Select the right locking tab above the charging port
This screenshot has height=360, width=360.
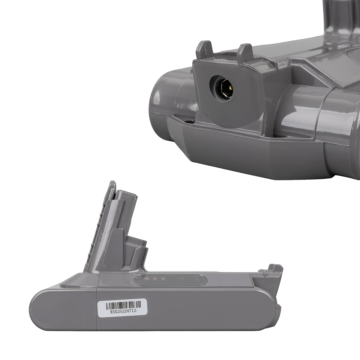245,52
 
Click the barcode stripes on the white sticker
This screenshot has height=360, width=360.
123,305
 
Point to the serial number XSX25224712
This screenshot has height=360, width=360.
123,312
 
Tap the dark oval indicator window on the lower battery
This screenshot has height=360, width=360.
170,280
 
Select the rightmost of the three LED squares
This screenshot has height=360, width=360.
163,279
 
